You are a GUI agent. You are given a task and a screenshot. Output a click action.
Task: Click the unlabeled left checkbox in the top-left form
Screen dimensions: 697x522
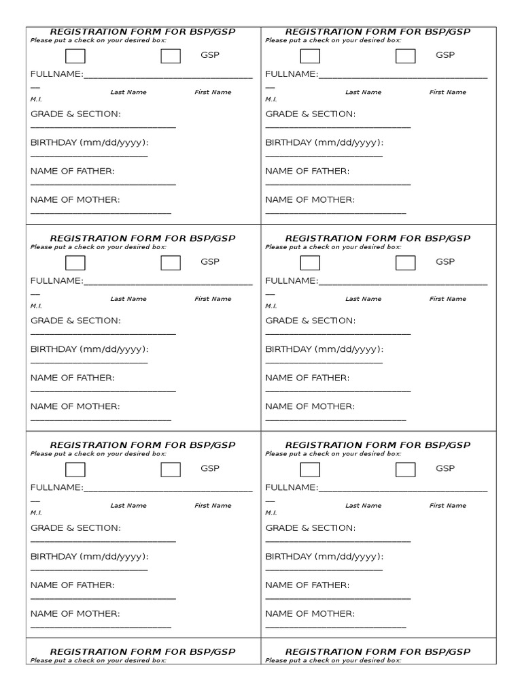click(75, 56)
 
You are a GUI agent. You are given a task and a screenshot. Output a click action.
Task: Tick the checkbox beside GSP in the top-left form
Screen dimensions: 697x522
click(171, 56)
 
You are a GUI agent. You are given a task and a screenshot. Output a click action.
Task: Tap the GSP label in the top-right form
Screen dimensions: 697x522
click(445, 55)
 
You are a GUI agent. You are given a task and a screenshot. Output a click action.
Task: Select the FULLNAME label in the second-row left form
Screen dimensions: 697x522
click(57, 280)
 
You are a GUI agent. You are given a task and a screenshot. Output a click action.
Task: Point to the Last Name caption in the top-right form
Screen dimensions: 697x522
click(363, 92)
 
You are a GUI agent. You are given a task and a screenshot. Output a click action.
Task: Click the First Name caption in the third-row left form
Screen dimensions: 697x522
click(213, 506)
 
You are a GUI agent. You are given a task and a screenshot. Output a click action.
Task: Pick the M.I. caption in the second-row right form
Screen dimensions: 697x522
click(271, 306)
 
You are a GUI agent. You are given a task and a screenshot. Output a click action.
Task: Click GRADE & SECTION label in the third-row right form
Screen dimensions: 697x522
click(310, 528)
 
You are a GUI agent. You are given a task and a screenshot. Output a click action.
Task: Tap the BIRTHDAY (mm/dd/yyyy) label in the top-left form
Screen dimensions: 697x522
click(89, 142)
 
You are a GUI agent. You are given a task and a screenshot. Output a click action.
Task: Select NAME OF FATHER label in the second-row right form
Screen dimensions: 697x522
click(307, 378)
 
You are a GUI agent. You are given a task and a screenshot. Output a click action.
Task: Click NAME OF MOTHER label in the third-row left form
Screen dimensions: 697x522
click(75, 613)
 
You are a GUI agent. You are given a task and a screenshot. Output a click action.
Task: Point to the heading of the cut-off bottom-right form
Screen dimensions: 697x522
click(377, 652)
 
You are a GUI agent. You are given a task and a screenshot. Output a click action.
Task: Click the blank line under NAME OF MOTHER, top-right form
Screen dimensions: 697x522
click(336, 214)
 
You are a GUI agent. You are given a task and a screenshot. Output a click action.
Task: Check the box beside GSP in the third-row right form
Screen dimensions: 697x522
click(406, 470)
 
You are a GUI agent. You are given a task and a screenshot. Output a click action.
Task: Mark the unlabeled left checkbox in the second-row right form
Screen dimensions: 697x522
click(310, 263)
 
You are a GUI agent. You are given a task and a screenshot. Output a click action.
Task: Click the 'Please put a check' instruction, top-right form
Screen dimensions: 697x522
click(333, 40)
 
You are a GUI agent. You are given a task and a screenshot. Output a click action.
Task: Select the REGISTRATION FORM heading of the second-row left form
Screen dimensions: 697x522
click(143, 238)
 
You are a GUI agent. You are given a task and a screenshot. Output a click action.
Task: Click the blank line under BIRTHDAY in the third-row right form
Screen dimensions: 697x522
click(324, 570)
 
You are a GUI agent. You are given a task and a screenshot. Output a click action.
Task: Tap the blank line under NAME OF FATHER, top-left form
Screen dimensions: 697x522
click(103, 184)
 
